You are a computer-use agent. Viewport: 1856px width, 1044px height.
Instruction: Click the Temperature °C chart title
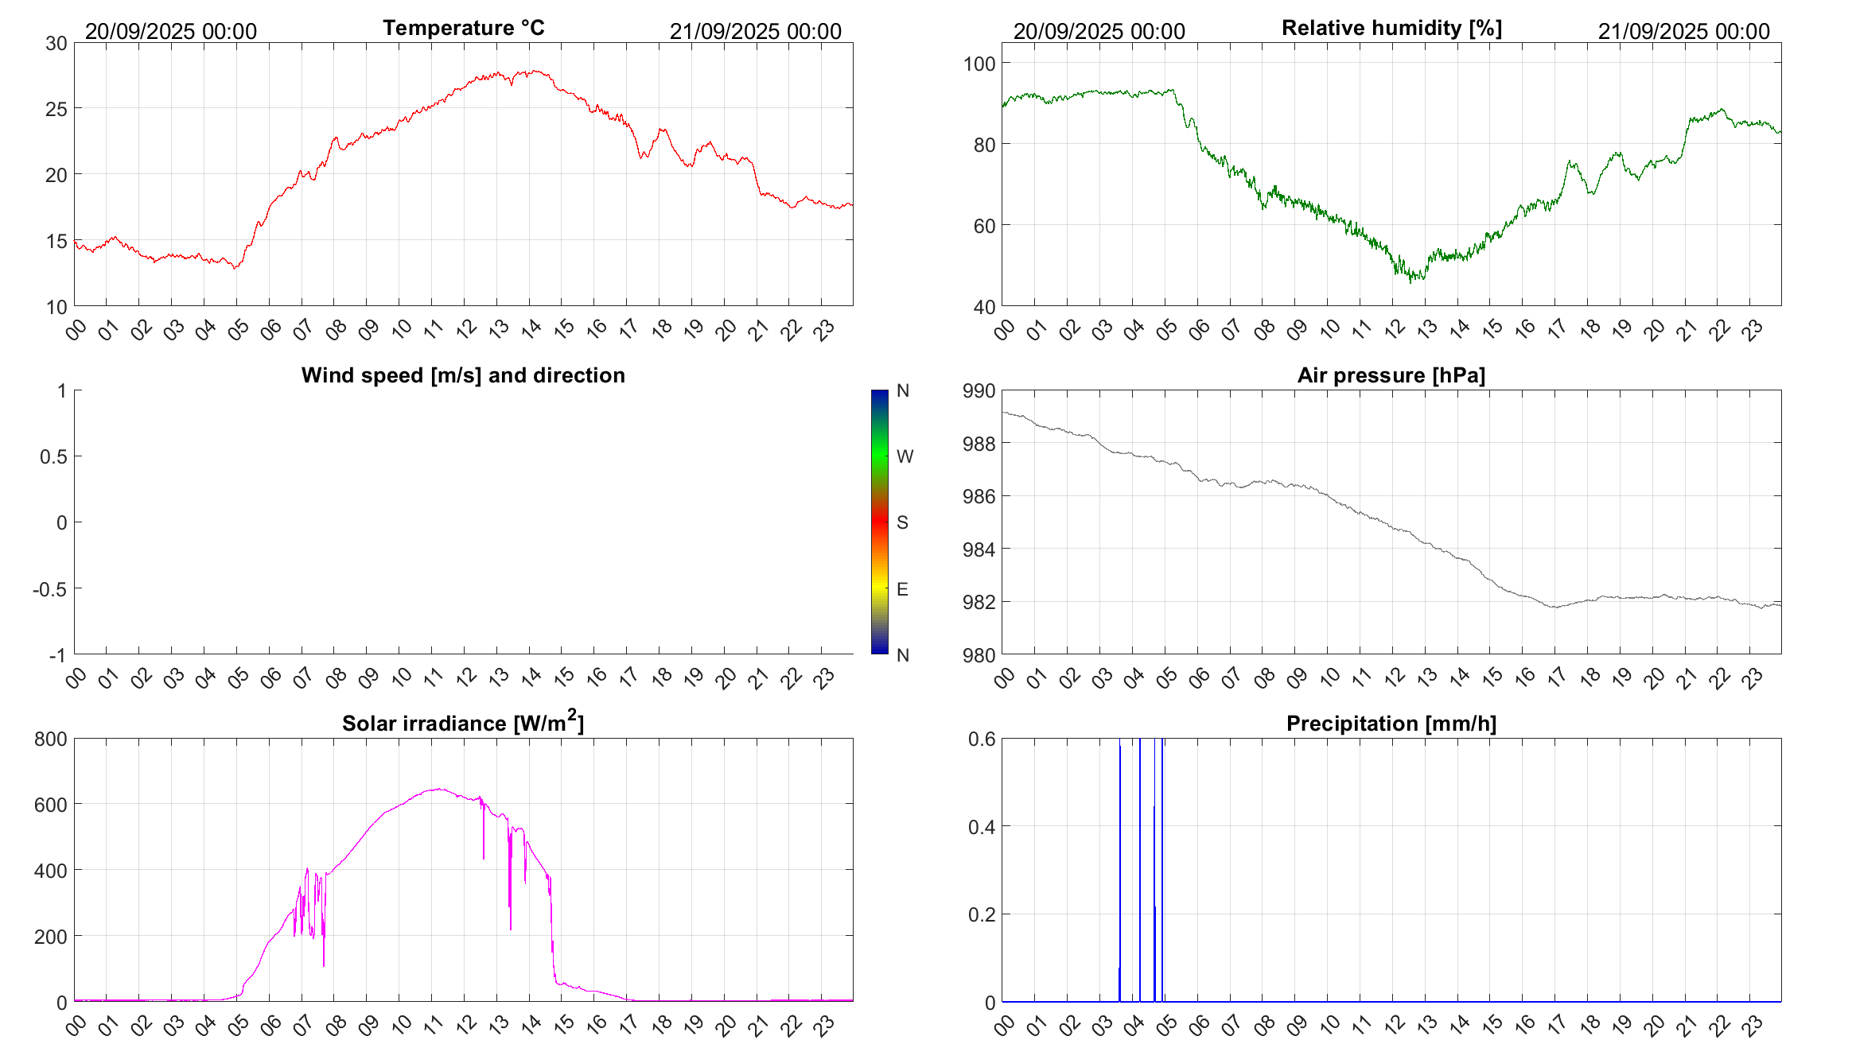click(x=463, y=28)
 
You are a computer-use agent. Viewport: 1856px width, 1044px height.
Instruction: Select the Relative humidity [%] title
click(x=1391, y=28)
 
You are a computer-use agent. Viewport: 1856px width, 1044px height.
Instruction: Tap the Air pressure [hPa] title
click(x=1391, y=375)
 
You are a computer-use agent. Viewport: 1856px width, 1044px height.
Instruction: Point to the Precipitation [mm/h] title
click(x=1391, y=724)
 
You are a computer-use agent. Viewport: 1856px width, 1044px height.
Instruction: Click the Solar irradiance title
click(x=463, y=722)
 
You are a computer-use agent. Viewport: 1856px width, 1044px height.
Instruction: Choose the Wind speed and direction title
click(x=463, y=375)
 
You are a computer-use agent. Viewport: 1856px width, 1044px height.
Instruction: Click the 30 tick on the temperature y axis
click(x=56, y=44)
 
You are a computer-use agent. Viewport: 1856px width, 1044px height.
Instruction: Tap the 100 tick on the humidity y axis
click(x=979, y=64)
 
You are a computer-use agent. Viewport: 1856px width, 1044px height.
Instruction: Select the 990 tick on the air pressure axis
click(x=979, y=391)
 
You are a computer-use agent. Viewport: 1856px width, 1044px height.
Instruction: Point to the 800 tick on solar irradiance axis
click(x=51, y=739)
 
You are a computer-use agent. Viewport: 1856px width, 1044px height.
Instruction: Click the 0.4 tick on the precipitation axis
click(x=982, y=827)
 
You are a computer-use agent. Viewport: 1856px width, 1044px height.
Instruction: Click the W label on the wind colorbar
click(x=905, y=456)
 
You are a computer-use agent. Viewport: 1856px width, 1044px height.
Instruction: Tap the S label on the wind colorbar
click(x=902, y=522)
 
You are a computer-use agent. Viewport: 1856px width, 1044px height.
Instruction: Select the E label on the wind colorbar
click(x=902, y=589)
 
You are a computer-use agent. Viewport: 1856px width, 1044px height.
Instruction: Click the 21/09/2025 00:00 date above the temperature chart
click(x=755, y=32)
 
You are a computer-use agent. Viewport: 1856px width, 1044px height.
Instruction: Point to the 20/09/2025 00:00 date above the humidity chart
click(x=1099, y=32)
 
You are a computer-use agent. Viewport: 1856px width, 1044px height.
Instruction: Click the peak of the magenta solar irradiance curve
click(x=438, y=789)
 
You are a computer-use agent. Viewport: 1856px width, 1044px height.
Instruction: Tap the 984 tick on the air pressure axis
click(x=979, y=549)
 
